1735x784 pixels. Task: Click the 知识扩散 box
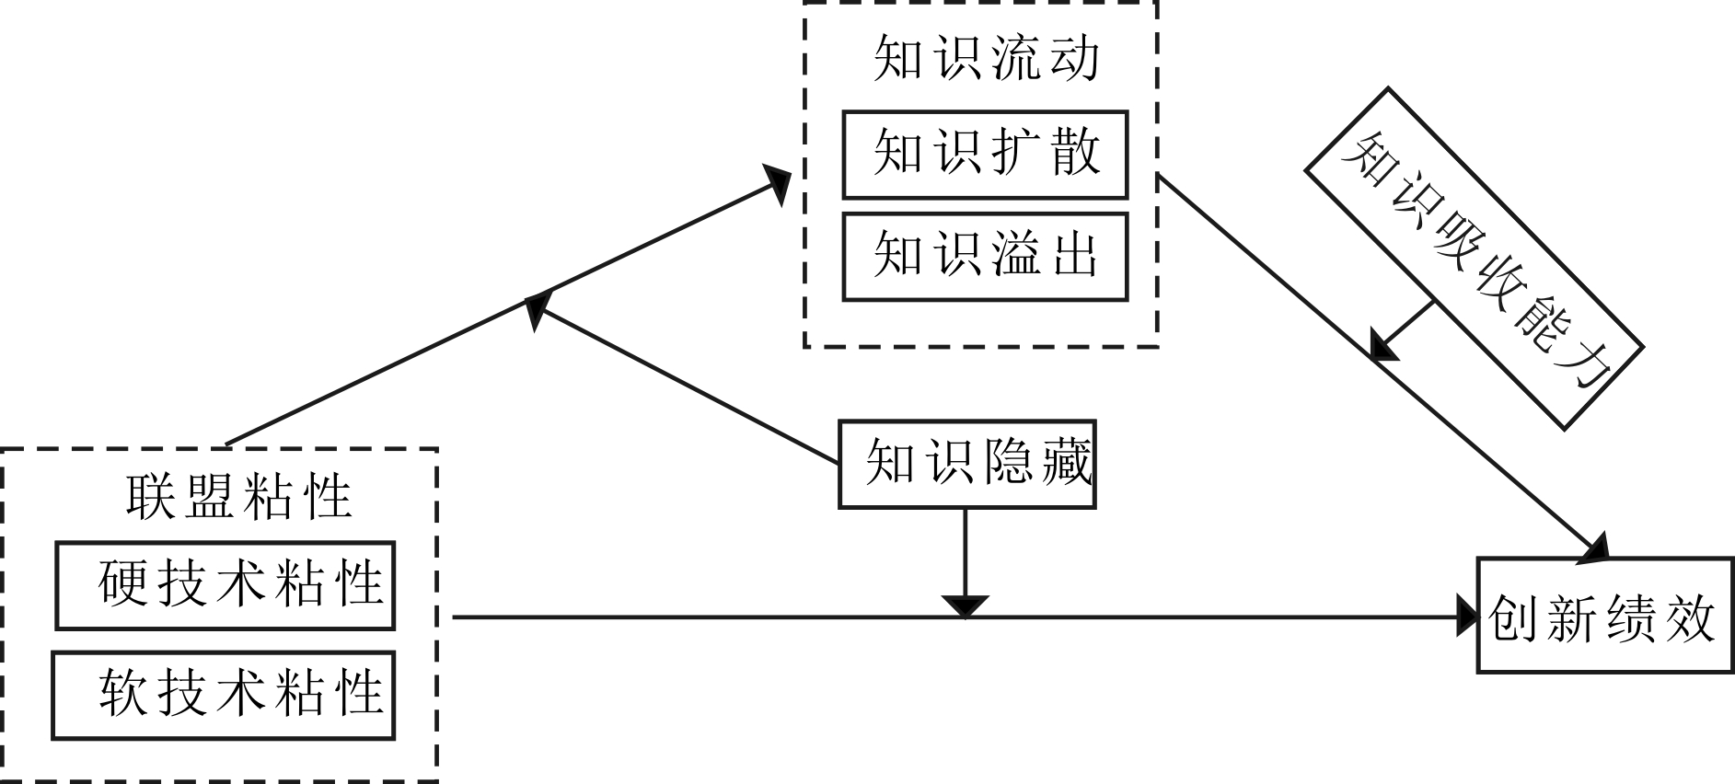coord(985,155)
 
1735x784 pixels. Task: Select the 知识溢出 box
coord(985,257)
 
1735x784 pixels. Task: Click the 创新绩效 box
coord(1604,615)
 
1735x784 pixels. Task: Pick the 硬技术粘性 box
coord(225,585)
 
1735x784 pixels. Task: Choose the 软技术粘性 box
coord(223,695)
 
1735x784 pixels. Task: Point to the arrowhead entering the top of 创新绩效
coord(1594,548)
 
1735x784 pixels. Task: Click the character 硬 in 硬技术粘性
coord(124,583)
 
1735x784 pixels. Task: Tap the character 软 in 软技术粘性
coord(123,693)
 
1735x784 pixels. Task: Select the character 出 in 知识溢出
coord(1075,255)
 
